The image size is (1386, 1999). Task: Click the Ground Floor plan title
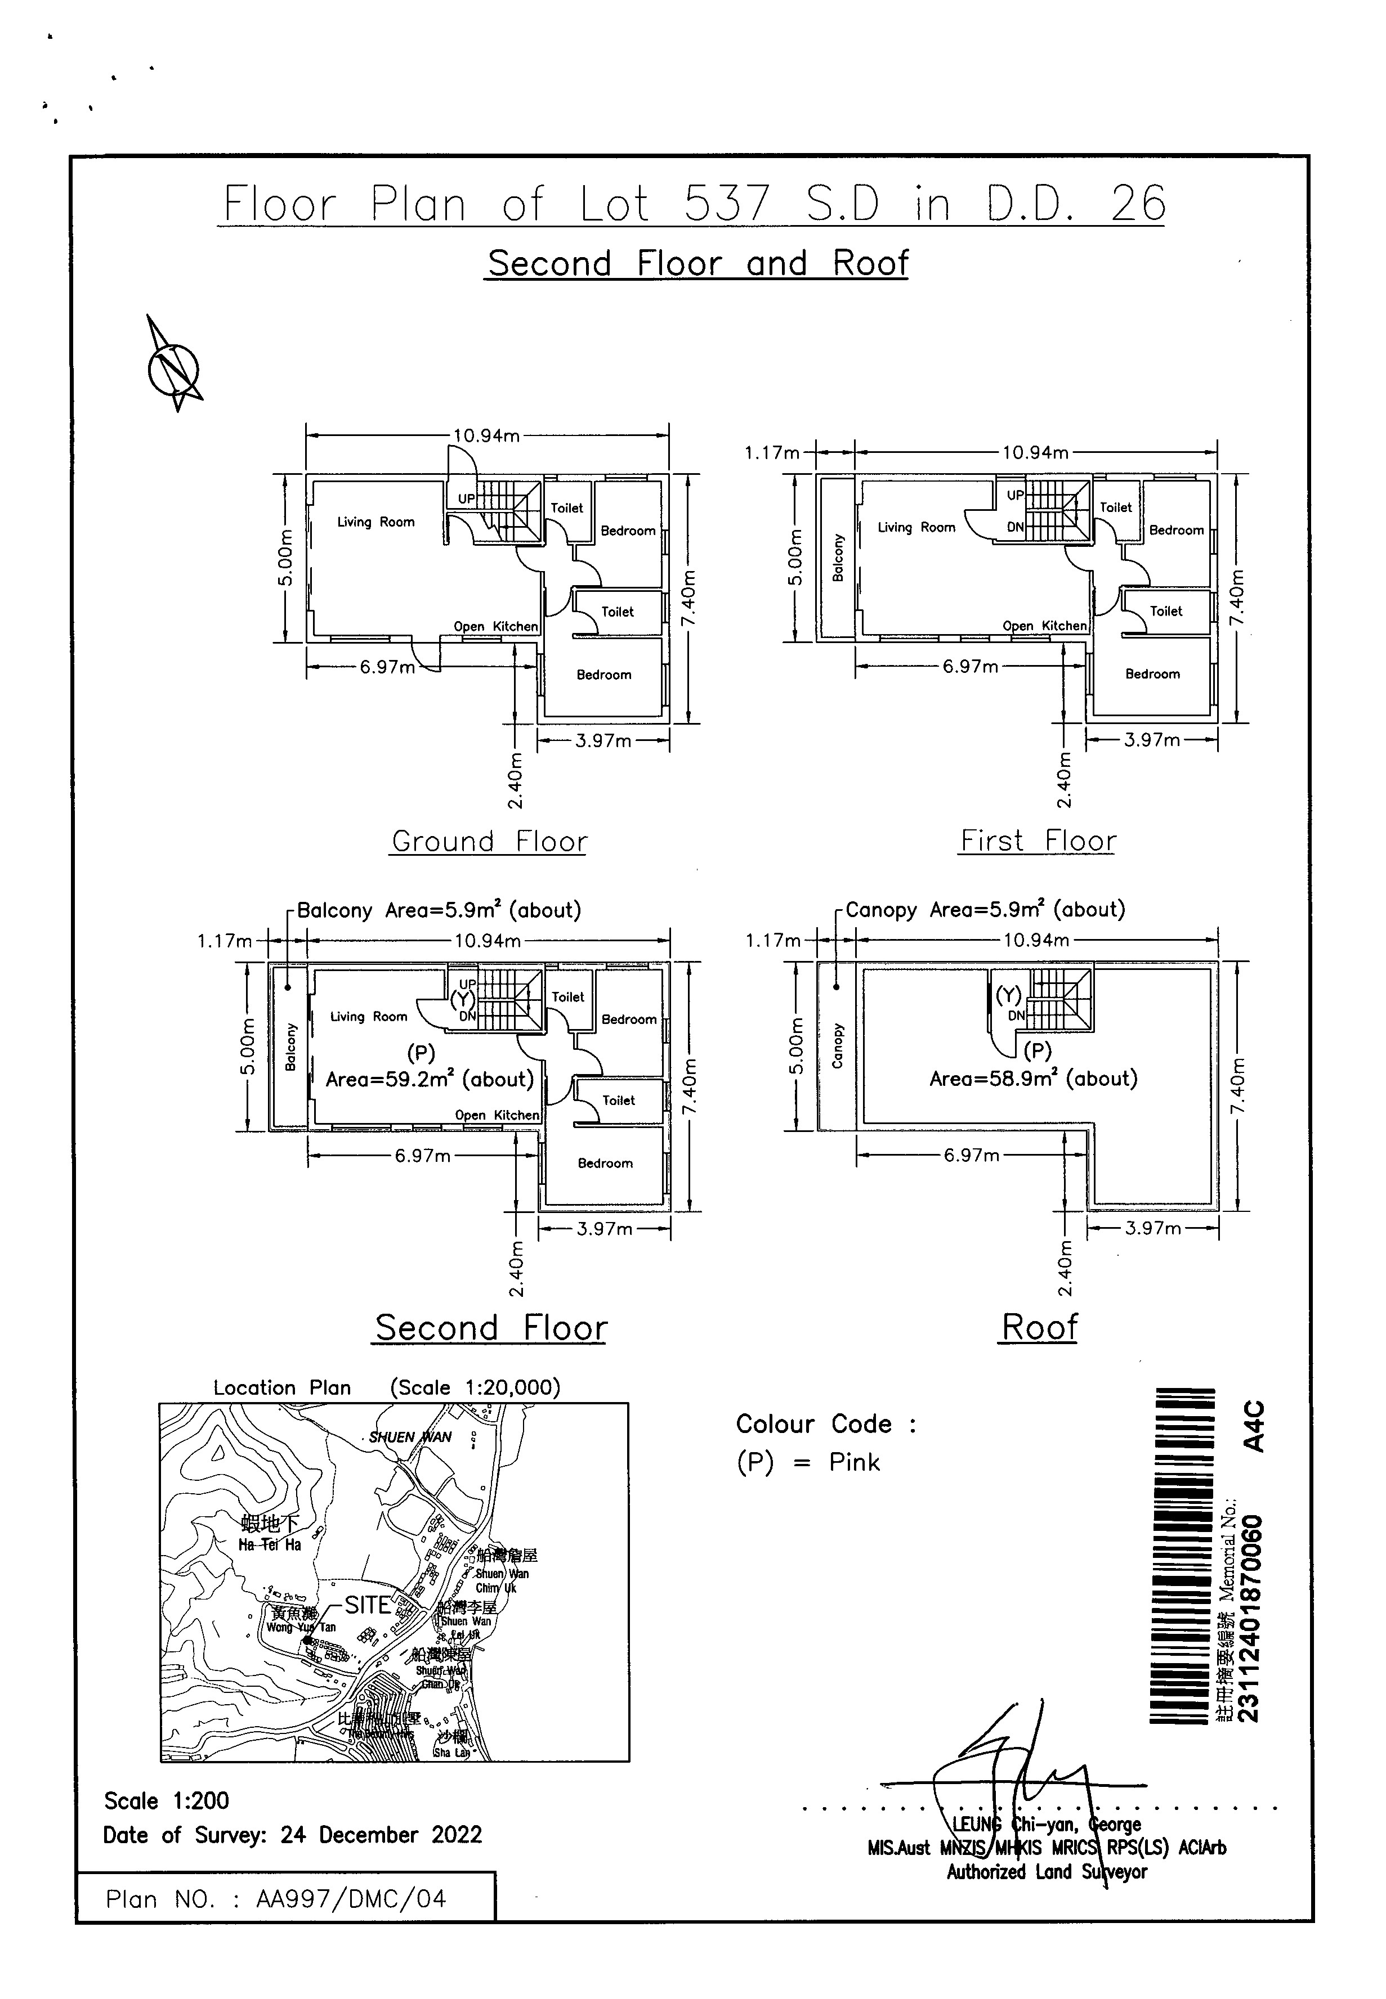[x=489, y=841]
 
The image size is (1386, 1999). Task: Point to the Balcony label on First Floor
[x=838, y=557]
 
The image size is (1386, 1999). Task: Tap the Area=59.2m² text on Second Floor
[x=429, y=1080]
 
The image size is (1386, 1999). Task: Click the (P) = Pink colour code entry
[x=808, y=1463]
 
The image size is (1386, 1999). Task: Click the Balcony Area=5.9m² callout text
[x=439, y=910]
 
